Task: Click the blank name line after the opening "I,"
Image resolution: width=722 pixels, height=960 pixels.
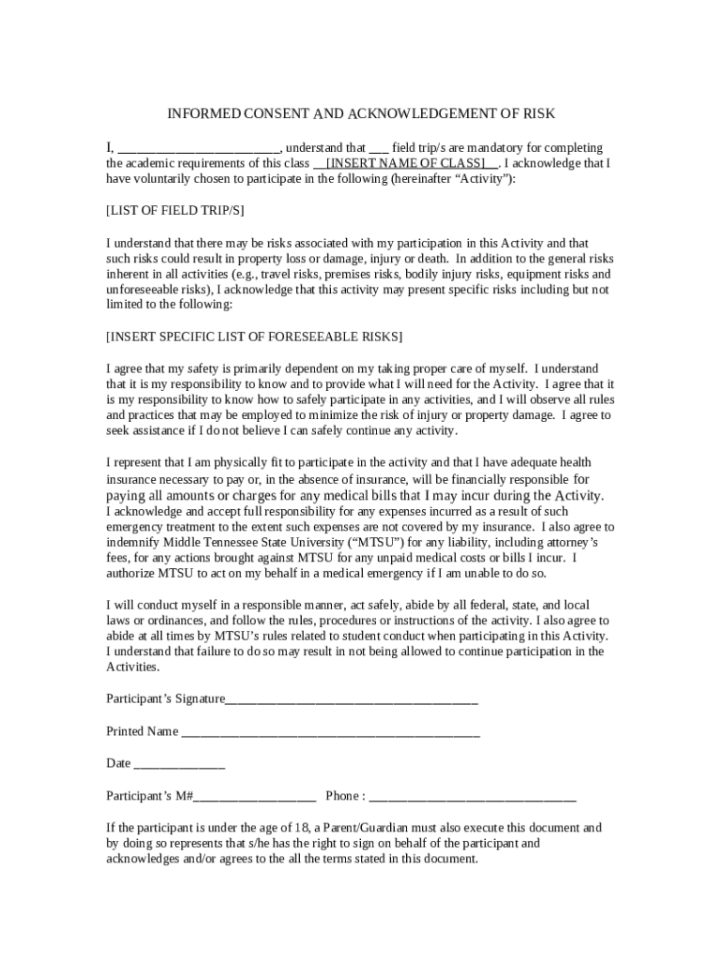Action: pyautogui.click(x=199, y=149)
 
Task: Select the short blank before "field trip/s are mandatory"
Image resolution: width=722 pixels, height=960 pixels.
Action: pyautogui.click(x=379, y=149)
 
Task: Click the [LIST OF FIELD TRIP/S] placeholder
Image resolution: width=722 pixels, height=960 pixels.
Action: pyautogui.click(x=175, y=210)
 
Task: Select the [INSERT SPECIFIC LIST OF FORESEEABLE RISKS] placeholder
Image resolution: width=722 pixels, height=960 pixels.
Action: pyautogui.click(x=255, y=336)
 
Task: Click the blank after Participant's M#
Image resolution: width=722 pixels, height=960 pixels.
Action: pyautogui.click(x=254, y=797)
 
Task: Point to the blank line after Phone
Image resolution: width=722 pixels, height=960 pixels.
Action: pyautogui.click(x=473, y=797)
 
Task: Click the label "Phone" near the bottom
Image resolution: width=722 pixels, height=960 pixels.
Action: pyautogui.click(x=342, y=796)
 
